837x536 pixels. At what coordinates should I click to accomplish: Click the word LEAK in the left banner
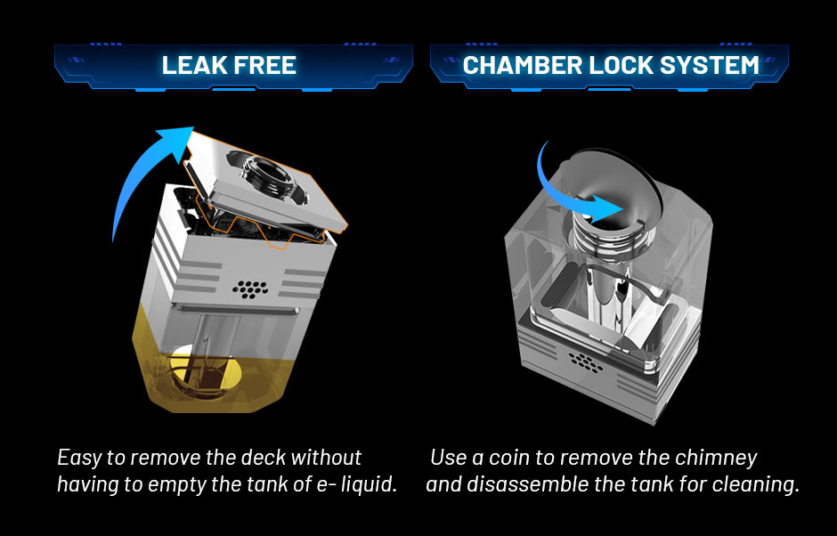(191, 65)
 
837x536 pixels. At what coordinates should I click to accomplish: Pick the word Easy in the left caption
(78, 458)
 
